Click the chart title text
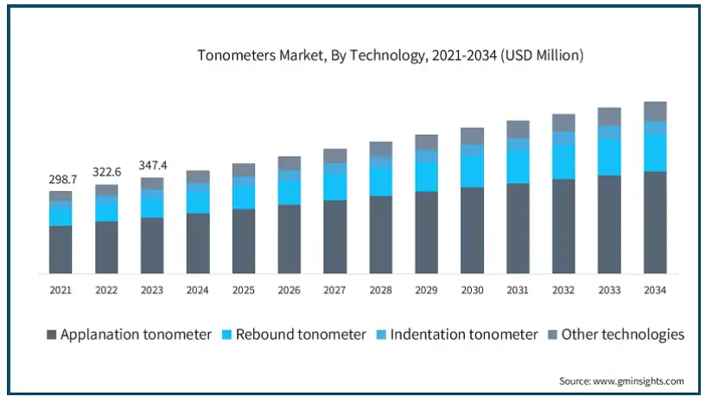(x=391, y=55)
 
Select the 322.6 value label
(x=106, y=172)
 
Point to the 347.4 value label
(x=152, y=164)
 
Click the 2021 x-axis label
(x=60, y=291)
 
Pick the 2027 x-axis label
(x=334, y=291)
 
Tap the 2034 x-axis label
(x=655, y=291)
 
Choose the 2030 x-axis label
(x=472, y=291)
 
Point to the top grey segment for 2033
(x=609, y=117)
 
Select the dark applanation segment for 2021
(x=60, y=250)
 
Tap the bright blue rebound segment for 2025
(x=244, y=198)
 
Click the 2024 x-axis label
(x=198, y=291)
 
